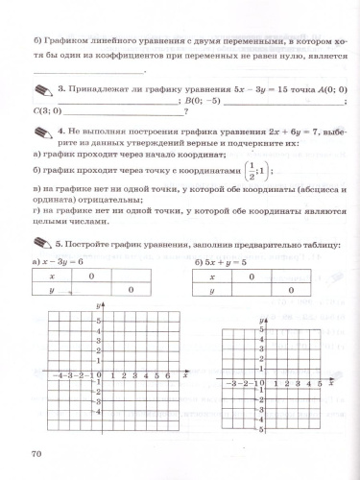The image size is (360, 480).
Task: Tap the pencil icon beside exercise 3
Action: pyautogui.click(x=42, y=89)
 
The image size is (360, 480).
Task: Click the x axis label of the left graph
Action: pyautogui.click(x=184, y=376)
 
